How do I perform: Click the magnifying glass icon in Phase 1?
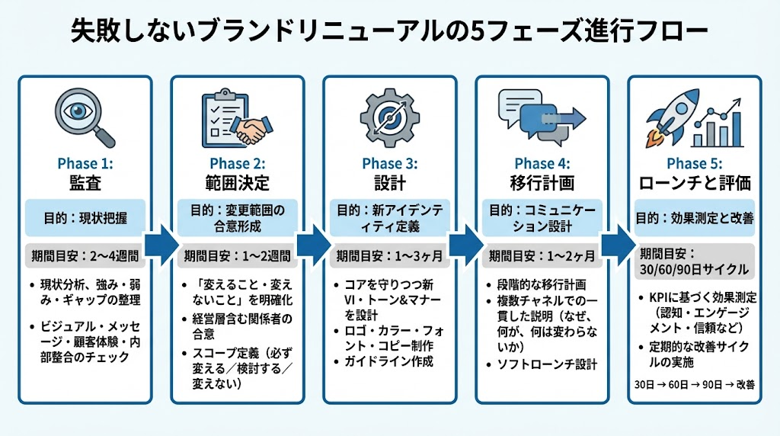coord(86,118)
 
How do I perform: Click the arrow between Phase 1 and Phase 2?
coord(161,245)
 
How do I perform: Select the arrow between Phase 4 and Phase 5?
coord(618,245)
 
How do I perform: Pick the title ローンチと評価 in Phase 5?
coord(695,184)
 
